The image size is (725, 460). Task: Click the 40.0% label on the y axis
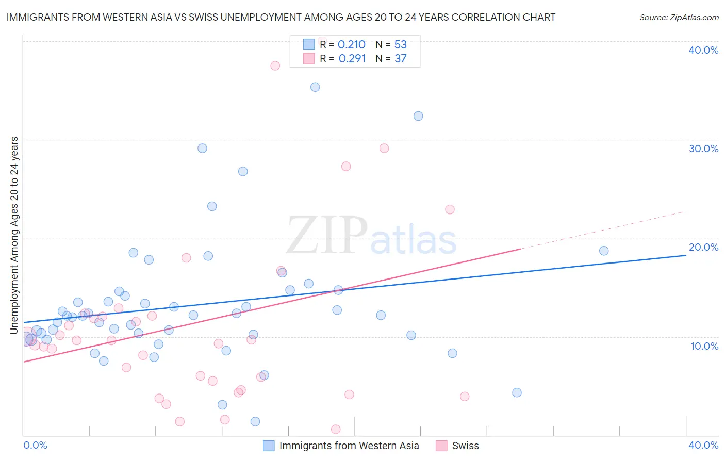(x=703, y=50)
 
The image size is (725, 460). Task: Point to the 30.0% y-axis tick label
(x=703, y=149)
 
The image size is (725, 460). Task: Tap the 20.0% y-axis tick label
(x=703, y=247)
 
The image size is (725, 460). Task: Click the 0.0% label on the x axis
(x=35, y=445)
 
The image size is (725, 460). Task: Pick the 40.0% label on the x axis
(x=703, y=445)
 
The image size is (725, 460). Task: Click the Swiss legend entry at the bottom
(x=465, y=446)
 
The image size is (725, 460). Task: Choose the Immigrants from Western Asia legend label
(x=349, y=446)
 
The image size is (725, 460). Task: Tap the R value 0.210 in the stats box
(x=351, y=45)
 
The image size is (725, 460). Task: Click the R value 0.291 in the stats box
(x=352, y=59)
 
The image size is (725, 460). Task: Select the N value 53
(x=401, y=45)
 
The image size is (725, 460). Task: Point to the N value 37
(x=401, y=59)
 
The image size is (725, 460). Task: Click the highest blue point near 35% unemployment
(x=315, y=87)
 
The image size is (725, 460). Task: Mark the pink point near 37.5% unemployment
(x=275, y=65)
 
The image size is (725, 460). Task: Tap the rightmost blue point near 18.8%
(x=604, y=251)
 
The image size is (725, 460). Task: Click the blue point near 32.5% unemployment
(x=418, y=116)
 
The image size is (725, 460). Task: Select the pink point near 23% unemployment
(x=450, y=209)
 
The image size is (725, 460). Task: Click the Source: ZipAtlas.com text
(x=679, y=18)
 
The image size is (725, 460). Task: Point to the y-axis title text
(x=14, y=235)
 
